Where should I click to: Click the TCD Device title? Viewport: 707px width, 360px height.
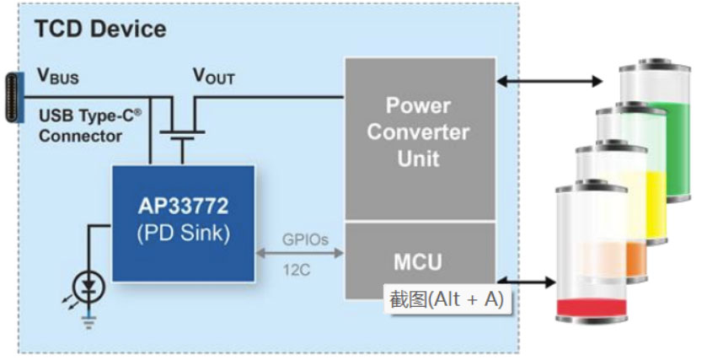coord(99,28)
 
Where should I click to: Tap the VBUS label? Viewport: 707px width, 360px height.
coord(58,77)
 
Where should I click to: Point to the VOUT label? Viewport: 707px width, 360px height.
coord(214,77)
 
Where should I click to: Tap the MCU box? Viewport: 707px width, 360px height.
coord(418,261)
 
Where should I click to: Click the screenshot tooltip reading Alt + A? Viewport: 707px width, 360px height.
coord(447,299)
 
